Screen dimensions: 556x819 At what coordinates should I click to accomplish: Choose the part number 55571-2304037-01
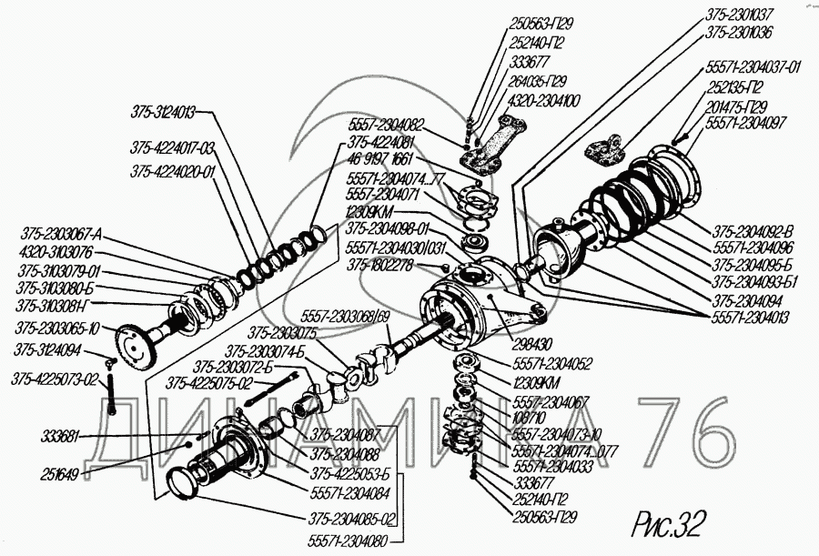pos(753,66)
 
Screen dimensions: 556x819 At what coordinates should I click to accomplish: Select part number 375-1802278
pos(379,265)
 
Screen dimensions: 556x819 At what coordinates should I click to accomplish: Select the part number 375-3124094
pos(46,349)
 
